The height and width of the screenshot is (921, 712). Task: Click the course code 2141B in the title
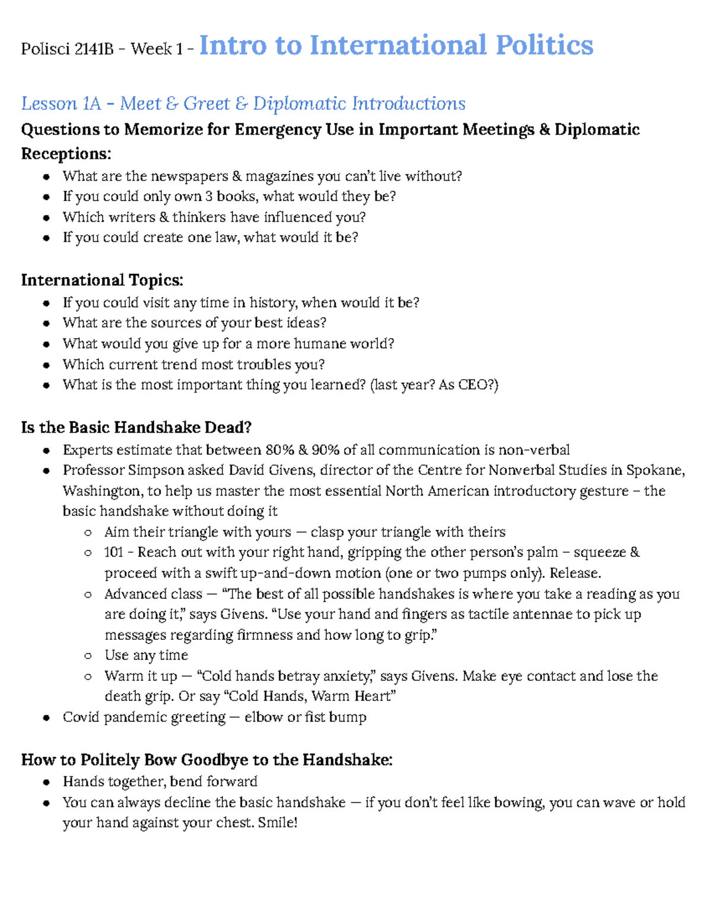tap(94, 49)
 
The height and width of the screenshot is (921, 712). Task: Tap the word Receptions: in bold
tap(66, 154)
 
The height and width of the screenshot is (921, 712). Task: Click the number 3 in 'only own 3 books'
tap(208, 196)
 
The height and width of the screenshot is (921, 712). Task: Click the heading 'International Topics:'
tap(102, 280)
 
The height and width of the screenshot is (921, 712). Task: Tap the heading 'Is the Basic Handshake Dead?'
tap(136, 428)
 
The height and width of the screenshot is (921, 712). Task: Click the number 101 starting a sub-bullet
tap(113, 553)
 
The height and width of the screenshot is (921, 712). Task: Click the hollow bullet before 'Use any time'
tap(88, 656)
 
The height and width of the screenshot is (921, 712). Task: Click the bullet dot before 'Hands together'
tap(46, 782)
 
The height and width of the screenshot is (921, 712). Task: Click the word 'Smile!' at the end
tap(278, 823)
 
